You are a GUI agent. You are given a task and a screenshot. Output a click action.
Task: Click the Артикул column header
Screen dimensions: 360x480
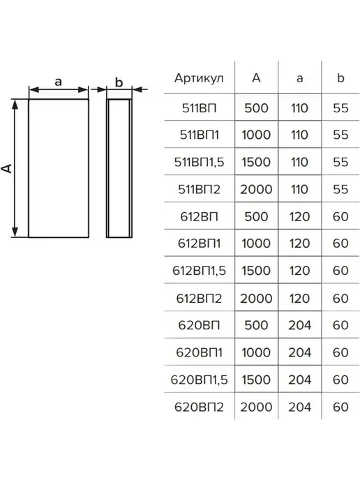pos(199,78)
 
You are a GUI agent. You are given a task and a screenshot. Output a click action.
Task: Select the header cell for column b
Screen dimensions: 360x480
pos(340,77)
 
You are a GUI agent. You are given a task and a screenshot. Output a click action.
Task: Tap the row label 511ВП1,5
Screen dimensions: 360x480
pos(199,162)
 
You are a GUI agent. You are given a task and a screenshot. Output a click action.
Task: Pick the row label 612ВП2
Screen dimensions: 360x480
pos(199,298)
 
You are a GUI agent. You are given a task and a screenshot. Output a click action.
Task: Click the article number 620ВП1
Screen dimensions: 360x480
pos(199,352)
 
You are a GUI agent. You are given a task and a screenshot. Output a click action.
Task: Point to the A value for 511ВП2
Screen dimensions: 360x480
pos(256,189)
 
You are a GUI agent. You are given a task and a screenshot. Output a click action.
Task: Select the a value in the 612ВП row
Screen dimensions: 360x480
pos(300,216)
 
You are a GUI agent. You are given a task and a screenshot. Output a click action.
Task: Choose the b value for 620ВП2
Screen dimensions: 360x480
pos(340,407)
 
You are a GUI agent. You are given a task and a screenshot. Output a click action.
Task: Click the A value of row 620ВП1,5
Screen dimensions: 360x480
pos(256,380)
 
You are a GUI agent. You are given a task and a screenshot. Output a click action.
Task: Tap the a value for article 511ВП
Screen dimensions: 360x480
pos(300,107)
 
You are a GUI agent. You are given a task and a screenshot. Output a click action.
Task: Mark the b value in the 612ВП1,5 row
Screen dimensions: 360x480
pos(340,271)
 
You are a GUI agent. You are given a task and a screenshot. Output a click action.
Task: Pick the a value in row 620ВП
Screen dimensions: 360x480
pos(300,325)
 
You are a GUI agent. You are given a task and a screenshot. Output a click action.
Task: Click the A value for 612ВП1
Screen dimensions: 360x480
pos(256,243)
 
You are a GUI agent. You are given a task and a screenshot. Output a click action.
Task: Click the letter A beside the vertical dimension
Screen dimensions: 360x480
pos(8,168)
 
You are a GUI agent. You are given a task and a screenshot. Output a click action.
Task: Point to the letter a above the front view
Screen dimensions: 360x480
pos(58,82)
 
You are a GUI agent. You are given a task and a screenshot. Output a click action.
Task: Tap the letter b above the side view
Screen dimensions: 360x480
pos(119,82)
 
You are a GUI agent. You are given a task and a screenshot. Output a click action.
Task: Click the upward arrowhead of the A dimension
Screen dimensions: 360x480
pos(15,105)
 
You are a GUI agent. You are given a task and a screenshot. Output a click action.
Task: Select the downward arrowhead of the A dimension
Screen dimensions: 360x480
pos(15,232)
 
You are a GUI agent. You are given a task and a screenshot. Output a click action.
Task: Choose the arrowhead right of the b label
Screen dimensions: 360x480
pos(137,90)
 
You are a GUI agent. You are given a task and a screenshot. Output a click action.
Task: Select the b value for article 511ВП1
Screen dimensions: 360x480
pos(340,135)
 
